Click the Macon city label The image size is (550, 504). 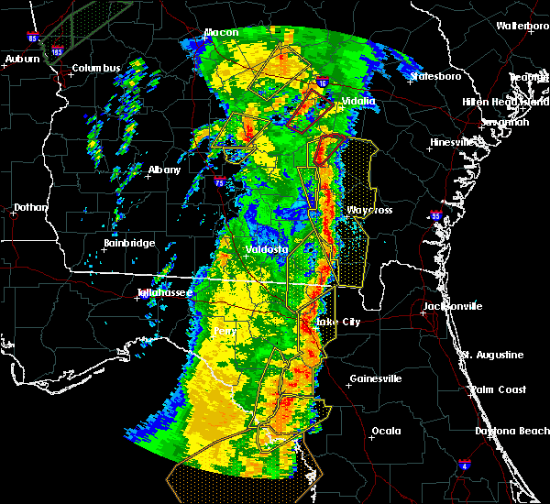point(221,33)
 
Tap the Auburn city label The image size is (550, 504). point(23,60)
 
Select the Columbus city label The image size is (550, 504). point(96,68)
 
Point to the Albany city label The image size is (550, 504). point(165,170)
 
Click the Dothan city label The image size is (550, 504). point(30,208)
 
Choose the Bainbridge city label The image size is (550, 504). point(128,244)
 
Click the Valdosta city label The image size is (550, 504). point(267,249)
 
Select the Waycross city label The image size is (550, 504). point(369,211)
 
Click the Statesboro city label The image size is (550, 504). point(438,76)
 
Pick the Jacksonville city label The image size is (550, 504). point(452,306)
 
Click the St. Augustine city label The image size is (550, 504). point(492,355)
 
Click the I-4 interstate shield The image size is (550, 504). point(465,466)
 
